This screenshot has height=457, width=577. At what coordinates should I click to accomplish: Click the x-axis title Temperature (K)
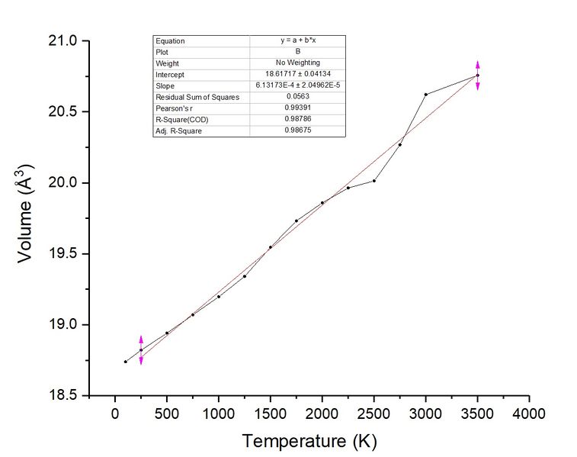(x=309, y=441)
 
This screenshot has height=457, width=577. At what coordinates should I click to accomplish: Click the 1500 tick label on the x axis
(x=270, y=414)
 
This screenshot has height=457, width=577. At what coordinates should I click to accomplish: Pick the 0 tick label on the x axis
(x=115, y=414)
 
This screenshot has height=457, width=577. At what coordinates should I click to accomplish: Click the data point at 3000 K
(x=425, y=95)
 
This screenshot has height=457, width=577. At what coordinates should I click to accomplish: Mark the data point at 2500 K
(x=373, y=180)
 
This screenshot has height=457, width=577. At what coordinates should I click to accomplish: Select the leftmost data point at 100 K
(x=125, y=362)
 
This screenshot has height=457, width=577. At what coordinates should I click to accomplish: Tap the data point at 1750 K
(x=296, y=220)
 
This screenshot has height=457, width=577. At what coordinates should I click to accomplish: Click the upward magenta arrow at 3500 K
(x=478, y=65)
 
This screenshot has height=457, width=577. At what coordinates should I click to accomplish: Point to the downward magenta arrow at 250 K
(x=141, y=360)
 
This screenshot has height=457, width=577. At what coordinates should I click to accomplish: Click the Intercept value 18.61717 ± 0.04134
(x=297, y=75)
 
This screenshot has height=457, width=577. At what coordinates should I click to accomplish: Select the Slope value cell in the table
(x=297, y=85)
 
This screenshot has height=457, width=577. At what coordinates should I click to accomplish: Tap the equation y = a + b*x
(x=297, y=40)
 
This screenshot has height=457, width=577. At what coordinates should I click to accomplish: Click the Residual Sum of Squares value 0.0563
(x=297, y=97)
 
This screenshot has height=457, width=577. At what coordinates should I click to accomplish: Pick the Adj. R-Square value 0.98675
(x=297, y=130)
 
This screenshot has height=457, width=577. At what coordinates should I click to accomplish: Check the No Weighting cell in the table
(x=297, y=63)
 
